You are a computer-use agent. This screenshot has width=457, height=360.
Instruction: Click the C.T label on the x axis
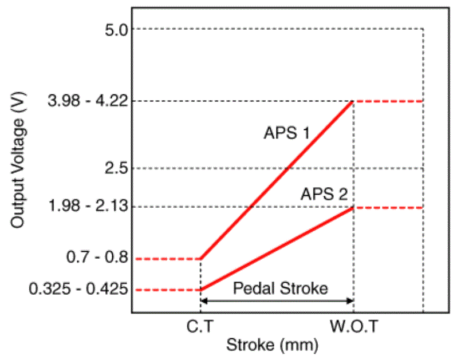[x=200, y=327]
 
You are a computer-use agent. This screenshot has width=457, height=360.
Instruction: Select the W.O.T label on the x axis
[x=354, y=327]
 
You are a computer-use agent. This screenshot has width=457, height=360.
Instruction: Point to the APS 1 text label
[x=286, y=133]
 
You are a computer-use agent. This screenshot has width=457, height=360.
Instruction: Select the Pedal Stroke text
[x=280, y=288]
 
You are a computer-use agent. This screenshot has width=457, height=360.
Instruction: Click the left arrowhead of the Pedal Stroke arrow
[x=203, y=301]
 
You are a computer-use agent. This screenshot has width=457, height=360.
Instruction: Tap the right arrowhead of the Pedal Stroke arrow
[x=350, y=301]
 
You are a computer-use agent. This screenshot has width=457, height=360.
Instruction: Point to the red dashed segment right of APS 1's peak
[x=388, y=101]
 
